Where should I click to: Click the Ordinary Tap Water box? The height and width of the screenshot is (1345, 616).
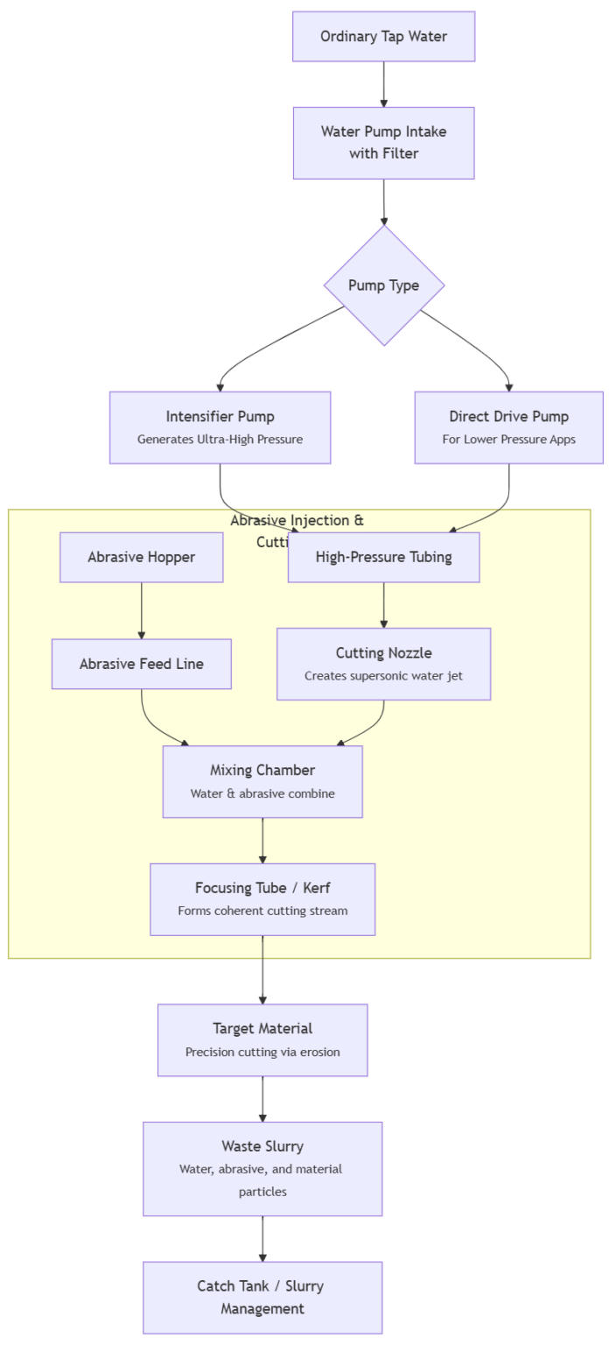point(383,37)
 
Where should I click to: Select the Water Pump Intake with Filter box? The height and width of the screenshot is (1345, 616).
point(383,143)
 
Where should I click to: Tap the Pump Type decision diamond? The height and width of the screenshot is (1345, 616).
point(383,285)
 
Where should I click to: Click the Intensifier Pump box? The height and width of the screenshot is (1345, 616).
point(220,427)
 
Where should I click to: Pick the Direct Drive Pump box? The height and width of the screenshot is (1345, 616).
point(508,427)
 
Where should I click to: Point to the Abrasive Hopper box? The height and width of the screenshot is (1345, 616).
point(141,557)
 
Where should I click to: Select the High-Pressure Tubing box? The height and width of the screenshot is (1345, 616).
point(383,557)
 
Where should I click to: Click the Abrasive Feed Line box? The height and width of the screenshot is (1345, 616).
point(141,664)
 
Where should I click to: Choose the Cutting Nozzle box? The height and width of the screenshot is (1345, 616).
point(383,664)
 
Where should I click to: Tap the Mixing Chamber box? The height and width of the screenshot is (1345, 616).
point(262,781)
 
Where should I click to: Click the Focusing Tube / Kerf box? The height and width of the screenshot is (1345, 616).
point(262,899)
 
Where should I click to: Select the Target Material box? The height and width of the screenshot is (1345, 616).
point(262,1039)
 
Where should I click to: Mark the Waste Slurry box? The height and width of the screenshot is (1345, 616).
point(262,1168)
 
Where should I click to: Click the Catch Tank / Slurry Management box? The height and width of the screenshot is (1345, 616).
point(262,1297)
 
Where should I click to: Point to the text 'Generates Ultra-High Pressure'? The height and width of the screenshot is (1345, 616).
point(220,440)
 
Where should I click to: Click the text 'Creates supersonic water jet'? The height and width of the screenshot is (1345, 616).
point(383,676)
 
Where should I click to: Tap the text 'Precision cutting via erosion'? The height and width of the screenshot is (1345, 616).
point(262,1052)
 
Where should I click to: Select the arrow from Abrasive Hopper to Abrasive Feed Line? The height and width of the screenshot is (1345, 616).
point(141,610)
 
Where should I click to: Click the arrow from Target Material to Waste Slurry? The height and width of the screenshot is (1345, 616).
point(262,1099)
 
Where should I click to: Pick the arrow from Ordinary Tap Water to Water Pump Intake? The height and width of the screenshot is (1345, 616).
point(383,84)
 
